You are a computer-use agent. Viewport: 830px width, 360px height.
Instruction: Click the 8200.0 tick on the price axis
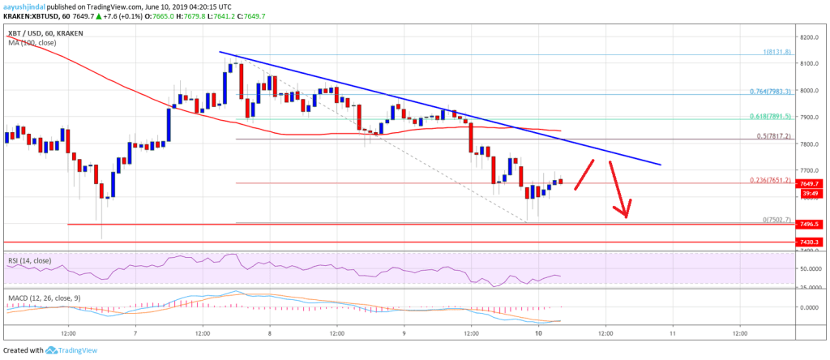[x=806, y=37]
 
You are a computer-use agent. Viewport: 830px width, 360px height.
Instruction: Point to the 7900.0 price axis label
[x=806, y=117]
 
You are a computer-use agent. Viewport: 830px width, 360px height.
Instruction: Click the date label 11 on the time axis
[x=672, y=332]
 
